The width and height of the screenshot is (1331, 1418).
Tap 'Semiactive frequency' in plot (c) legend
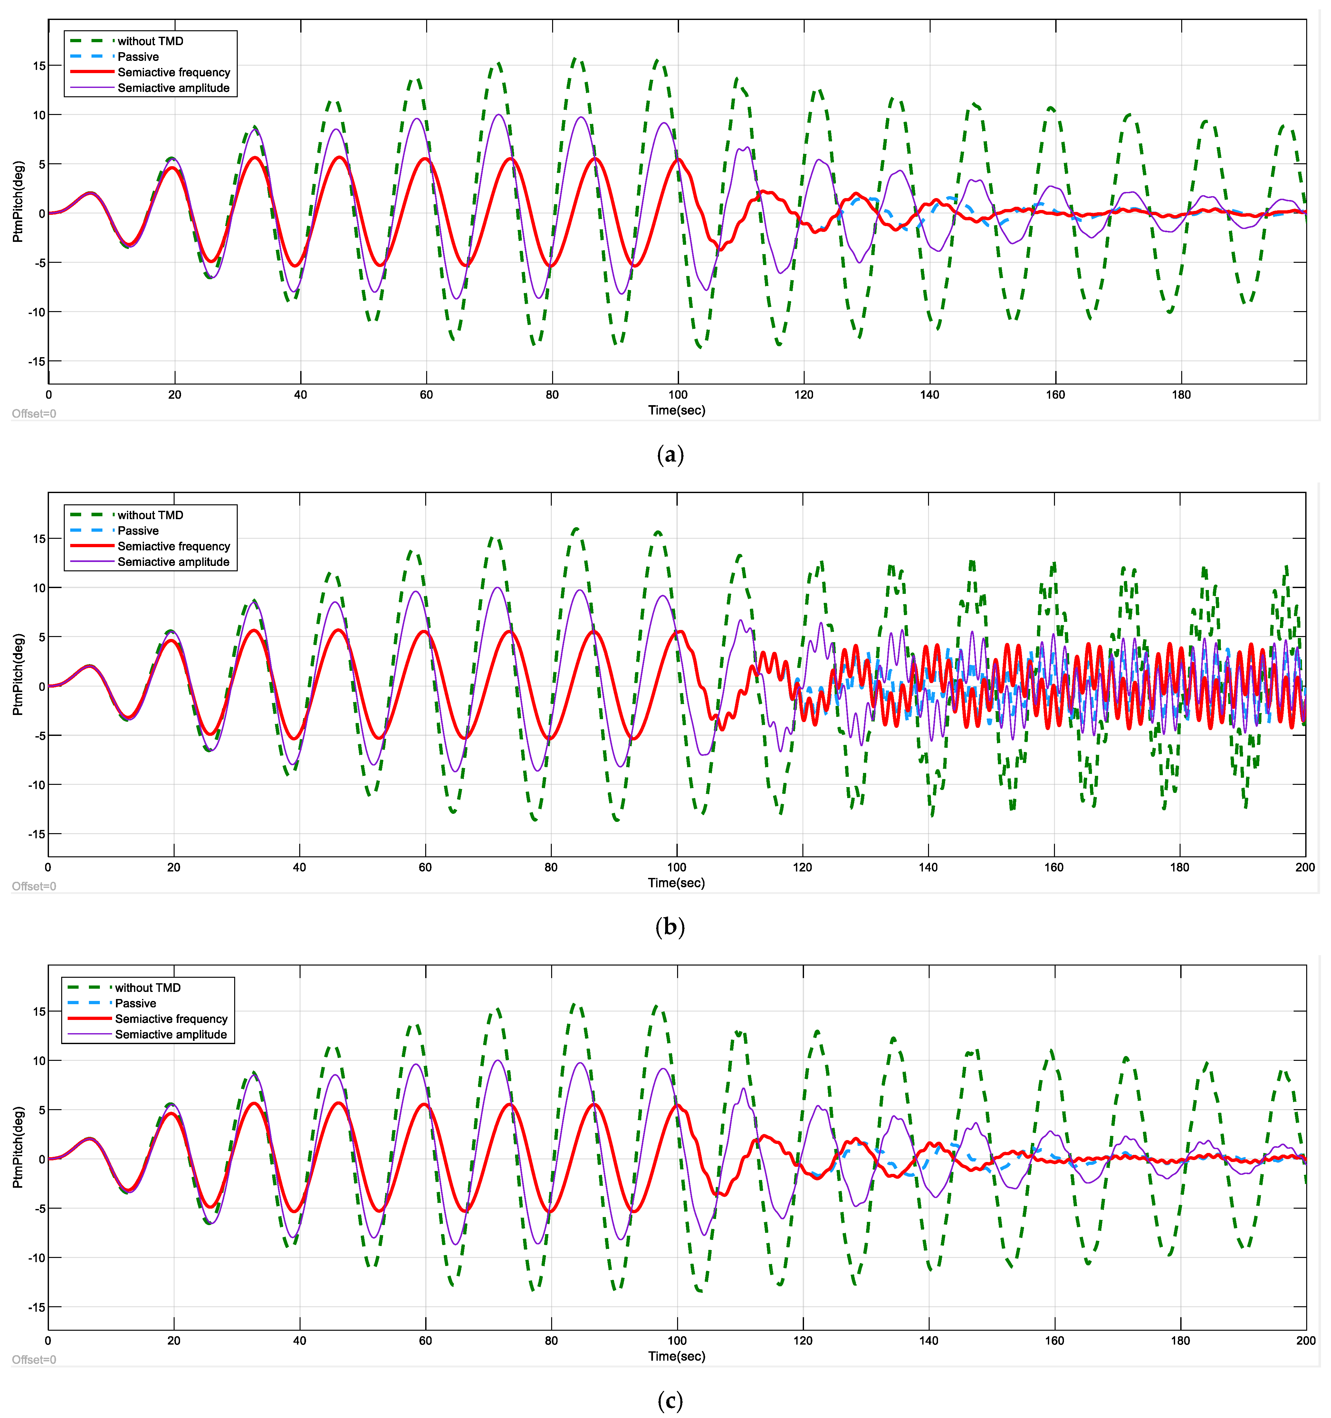171,1019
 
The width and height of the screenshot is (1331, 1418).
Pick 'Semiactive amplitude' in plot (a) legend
173,88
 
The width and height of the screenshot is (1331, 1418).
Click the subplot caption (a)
670,454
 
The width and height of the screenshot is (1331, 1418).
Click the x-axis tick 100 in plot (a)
678,395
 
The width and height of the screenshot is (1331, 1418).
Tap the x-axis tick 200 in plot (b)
1305,867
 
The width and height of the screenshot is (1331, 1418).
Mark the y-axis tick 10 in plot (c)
39,1061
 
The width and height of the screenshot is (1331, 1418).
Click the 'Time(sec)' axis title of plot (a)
676,410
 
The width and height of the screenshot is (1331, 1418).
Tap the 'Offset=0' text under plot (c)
34,1359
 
